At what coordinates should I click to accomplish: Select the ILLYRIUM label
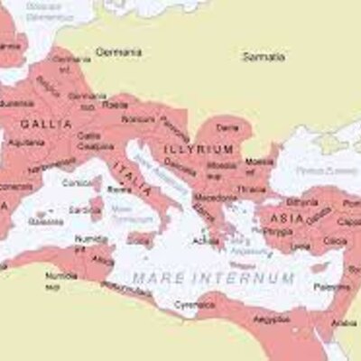click(x=199, y=149)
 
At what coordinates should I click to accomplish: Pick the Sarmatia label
click(x=264, y=56)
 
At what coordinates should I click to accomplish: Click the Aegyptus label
click(x=271, y=320)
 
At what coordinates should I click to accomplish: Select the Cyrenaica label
click(x=194, y=304)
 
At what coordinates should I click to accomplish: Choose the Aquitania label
click(x=26, y=143)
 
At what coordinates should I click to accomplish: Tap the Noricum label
click(x=138, y=118)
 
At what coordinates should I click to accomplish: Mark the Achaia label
click(x=206, y=241)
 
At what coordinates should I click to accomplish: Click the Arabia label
click(x=344, y=323)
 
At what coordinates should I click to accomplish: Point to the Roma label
click(x=119, y=190)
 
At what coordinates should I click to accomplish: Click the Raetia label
click(x=116, y=104)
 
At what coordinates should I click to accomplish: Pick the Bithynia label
click(x=302, y=202)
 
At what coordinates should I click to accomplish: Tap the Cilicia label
click(x=335, y=241)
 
